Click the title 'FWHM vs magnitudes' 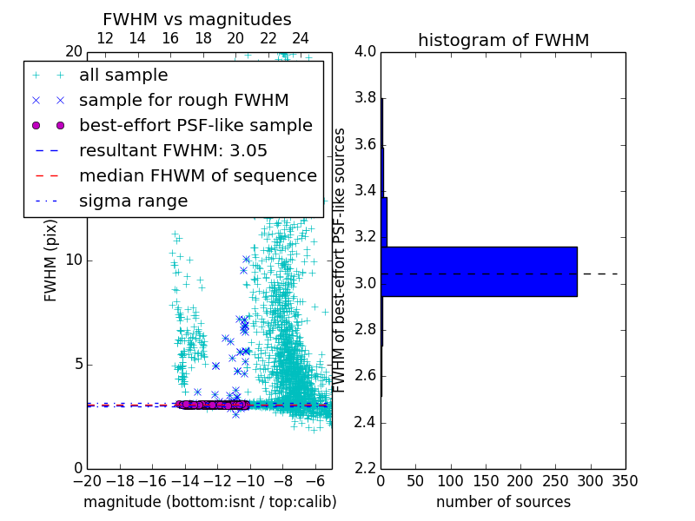(197, 19)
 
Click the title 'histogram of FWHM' (503, 40)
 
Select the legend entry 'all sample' (123, 76)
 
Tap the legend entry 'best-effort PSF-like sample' (195, 126)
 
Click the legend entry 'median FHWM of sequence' (197, 176)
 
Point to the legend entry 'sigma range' (133, 201)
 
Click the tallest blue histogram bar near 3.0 (479, 272)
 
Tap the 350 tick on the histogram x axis (625, 480)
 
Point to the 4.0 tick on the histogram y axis (365, 51)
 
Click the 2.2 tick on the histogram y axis (365, 469)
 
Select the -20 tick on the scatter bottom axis (87, 480)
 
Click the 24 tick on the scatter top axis (301, 38)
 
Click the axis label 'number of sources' (503, 502)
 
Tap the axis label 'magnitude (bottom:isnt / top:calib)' (209, 502)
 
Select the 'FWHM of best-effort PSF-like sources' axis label (341, 260)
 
